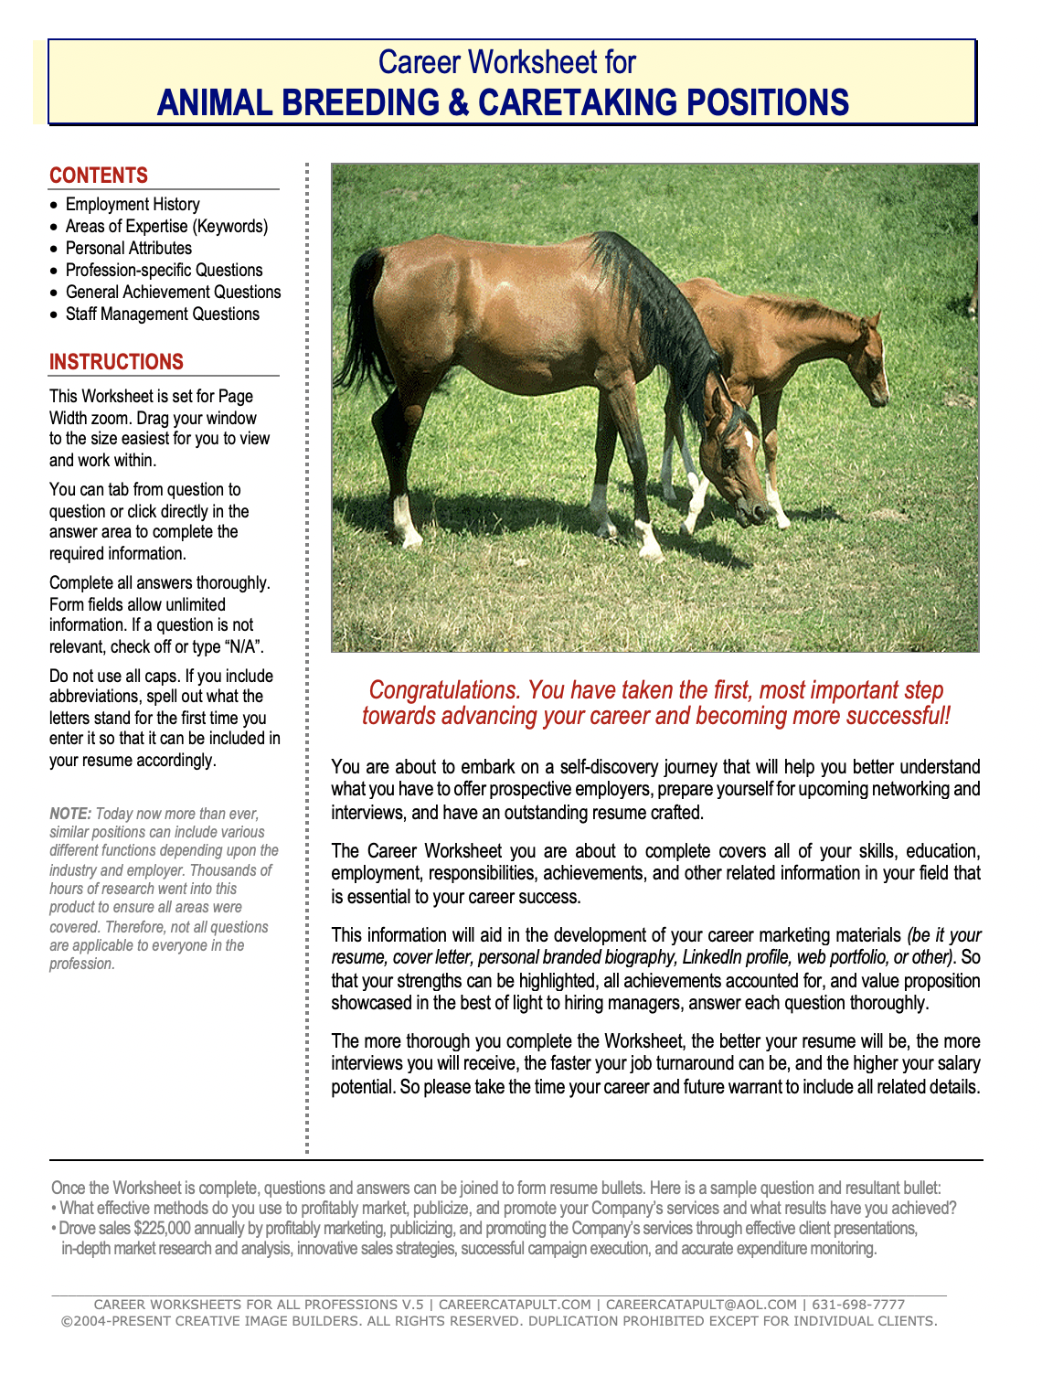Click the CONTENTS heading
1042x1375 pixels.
[99, 176]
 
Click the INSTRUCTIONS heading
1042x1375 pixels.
[116, 362]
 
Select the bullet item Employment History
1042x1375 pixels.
[133, 205]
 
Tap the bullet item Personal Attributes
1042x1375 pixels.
[129, 249]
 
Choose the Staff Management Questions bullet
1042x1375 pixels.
[163, 314]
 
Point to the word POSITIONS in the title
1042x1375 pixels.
[768, 102]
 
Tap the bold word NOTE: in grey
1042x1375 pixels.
[70, 814]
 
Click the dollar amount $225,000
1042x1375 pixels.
[162, 1229]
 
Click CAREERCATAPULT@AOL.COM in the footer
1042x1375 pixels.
[701, 1305]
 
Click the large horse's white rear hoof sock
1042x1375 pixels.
[403, 517]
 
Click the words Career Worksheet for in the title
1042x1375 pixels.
[507, 62]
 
